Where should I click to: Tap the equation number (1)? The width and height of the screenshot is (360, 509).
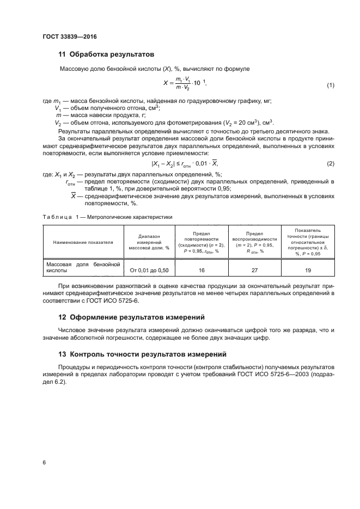pyautogui.click(x=330, y=86)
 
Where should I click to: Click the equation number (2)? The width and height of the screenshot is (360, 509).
pyautogui.click(x=330, y=164)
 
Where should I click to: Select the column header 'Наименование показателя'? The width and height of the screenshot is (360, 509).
pyautogui.click(x=83, y=242)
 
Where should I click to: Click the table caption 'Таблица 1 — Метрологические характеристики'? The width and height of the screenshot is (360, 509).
pyautogui.click(x=107, y=217)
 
